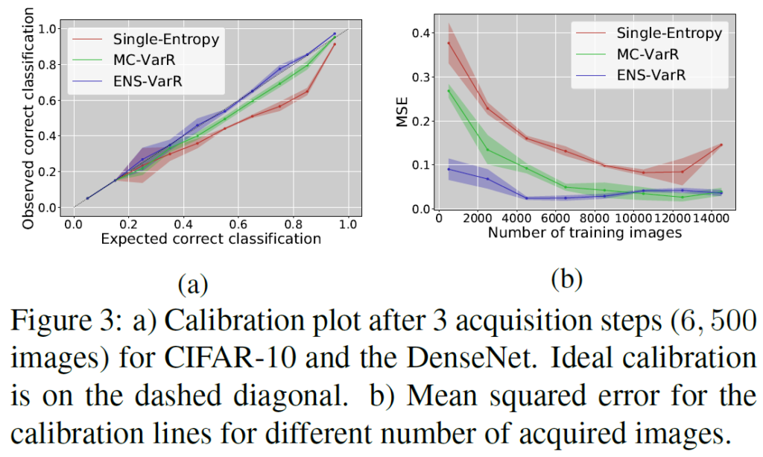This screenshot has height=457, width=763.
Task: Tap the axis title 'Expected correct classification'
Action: [x=210, y=239]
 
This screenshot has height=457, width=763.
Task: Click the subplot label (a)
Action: [x=192, y=283]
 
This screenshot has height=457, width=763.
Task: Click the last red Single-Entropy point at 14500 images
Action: [x=721, y=145]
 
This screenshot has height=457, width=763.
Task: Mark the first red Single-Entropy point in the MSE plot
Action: [x=449, y=42]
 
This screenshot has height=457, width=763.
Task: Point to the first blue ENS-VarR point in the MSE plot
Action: [x=449, y=169]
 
